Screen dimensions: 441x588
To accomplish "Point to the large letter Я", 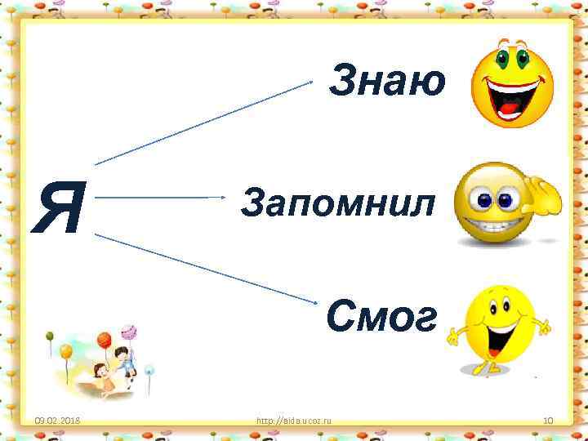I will point(59,207).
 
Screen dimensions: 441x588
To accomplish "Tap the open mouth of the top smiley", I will point(509,103).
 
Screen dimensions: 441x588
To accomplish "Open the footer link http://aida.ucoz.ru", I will point(299,421).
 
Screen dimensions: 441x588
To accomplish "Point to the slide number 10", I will point(549,421).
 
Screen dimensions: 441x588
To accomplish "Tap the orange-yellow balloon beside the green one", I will point(65,352).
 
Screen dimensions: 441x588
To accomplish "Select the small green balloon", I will point(50,336).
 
